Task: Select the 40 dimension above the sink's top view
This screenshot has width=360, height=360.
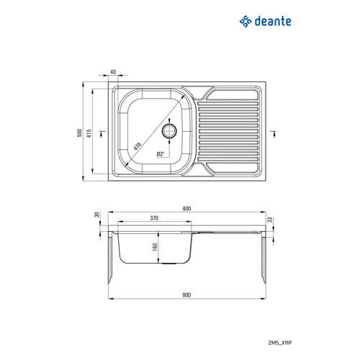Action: tap(114, 72)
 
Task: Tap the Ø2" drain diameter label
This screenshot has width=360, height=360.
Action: tap(161, 153)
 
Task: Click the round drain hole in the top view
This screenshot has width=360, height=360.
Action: tap(170, 130)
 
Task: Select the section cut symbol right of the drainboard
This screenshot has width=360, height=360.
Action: tap(274, 132)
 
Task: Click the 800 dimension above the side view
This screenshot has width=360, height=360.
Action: tap(186, 209)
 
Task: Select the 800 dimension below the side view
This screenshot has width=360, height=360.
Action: tap(186, 295)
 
